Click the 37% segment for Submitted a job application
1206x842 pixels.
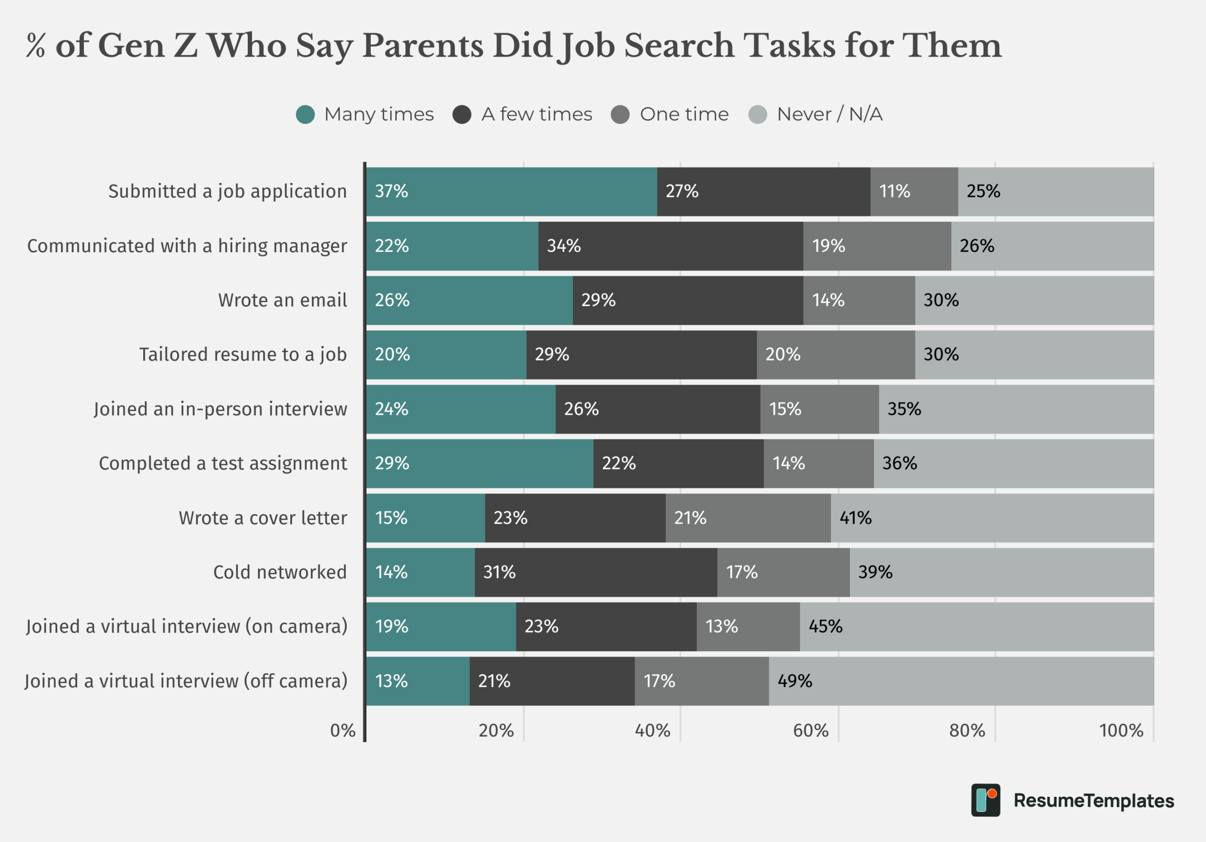[x=511, y=191]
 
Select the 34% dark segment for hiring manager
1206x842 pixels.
[x=670, y=246]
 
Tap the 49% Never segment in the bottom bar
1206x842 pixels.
[x=961, y=681]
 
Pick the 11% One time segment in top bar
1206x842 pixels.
[x=914, y=191]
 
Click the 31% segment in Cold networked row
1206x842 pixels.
[x=595, y=572]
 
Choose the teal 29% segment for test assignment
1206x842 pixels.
[x=480, y=463]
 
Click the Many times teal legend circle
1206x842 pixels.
[x=305, y=115]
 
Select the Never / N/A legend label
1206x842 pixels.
[x=830, y=115]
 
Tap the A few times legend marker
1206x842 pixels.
[x=462, y=115]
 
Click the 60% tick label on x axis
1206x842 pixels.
[x=810, y=731]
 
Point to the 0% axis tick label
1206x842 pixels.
[x=342, y=731]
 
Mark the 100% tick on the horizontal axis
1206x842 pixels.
[x=1121, y=731]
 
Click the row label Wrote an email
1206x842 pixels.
[x=283, y=300]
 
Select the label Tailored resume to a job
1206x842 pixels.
[x=243, y=355]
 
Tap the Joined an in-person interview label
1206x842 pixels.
[x=220, y=409]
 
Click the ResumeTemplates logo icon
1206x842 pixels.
[x=986, y=800]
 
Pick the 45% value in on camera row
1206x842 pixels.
[x=825, y=627]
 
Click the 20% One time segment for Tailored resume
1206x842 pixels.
[x=835, y=355]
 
